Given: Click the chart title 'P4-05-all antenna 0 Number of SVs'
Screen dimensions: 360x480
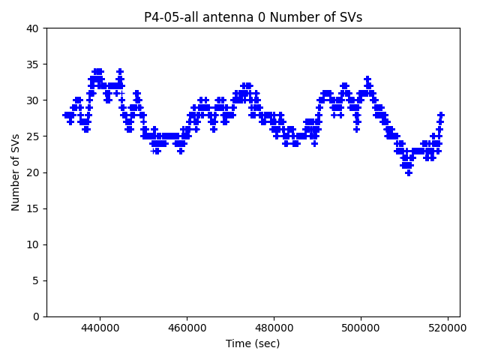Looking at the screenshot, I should click(253, 17).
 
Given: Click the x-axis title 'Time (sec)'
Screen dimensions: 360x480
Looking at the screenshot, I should click(253, 343).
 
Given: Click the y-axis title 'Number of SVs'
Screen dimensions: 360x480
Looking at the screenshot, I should click(16, 172).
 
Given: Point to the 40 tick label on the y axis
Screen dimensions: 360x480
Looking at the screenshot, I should click(33, 28).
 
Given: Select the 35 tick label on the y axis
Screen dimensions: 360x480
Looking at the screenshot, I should click(33, 64).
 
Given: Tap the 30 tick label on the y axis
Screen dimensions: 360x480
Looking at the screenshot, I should click(33, 100).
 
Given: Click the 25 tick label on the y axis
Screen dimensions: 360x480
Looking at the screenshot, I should click(33, 136).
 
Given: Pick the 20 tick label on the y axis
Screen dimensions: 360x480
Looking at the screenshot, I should click(33, 172).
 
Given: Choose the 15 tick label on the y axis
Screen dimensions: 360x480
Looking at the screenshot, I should click(33, 208).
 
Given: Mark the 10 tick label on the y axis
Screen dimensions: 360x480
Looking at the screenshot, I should click(33, 244).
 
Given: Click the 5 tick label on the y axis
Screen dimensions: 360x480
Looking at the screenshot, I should click(36, 280).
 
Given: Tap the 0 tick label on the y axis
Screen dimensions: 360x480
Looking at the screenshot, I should click(36, 316).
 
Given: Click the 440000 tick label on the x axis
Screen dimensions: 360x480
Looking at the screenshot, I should click(100, 328).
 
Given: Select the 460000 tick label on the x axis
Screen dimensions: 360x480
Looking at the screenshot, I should click(187, 328).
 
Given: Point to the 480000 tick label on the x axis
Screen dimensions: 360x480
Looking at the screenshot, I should click(274, 328).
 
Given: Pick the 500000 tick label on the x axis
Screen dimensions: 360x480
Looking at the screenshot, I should click(361, 328).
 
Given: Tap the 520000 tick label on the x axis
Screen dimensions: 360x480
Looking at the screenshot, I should click(448, 328).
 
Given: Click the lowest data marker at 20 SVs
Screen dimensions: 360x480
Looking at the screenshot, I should click(409, 172).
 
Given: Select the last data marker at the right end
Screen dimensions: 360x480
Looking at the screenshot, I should click(441, 115).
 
